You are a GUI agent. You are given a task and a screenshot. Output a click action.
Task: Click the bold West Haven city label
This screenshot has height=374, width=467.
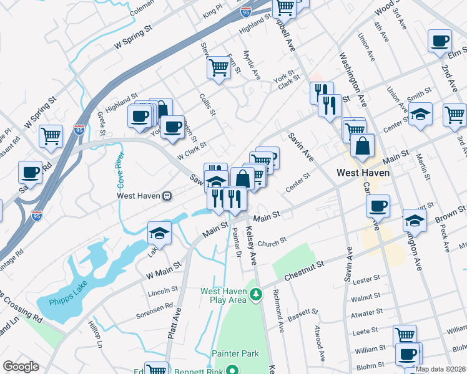point(363,173)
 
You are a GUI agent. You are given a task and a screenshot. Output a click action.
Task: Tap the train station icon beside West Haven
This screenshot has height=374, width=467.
point(167,196)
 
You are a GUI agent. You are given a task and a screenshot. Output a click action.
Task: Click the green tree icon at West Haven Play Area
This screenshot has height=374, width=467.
point(255,294)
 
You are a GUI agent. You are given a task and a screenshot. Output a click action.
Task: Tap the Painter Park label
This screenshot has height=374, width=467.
point(234,353)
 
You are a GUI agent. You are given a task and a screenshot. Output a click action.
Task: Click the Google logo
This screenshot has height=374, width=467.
point(21,367)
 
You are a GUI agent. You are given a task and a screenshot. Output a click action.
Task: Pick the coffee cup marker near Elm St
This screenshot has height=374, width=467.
point(440,41)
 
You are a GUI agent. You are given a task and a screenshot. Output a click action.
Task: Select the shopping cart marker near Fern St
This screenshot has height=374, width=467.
point(219,66)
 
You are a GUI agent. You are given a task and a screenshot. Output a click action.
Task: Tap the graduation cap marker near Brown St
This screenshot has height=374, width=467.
point(414,220)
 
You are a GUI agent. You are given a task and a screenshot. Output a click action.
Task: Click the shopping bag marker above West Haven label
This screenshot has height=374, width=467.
point(362,146)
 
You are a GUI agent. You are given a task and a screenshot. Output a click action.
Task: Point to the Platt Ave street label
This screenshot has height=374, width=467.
point(174,325)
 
